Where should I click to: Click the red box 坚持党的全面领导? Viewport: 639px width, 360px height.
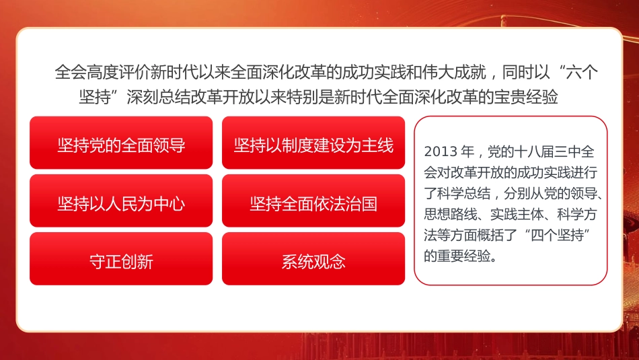(121, 145)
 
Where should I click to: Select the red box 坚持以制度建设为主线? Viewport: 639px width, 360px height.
(313, 145)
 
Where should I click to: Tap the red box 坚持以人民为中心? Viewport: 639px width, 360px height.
(121, 203)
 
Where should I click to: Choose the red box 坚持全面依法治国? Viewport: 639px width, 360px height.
(313, 203)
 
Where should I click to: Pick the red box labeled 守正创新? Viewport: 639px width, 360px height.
(121, 261)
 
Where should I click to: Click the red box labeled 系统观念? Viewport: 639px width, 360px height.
(313, 261)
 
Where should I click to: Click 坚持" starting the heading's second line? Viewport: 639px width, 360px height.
(99, 97)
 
